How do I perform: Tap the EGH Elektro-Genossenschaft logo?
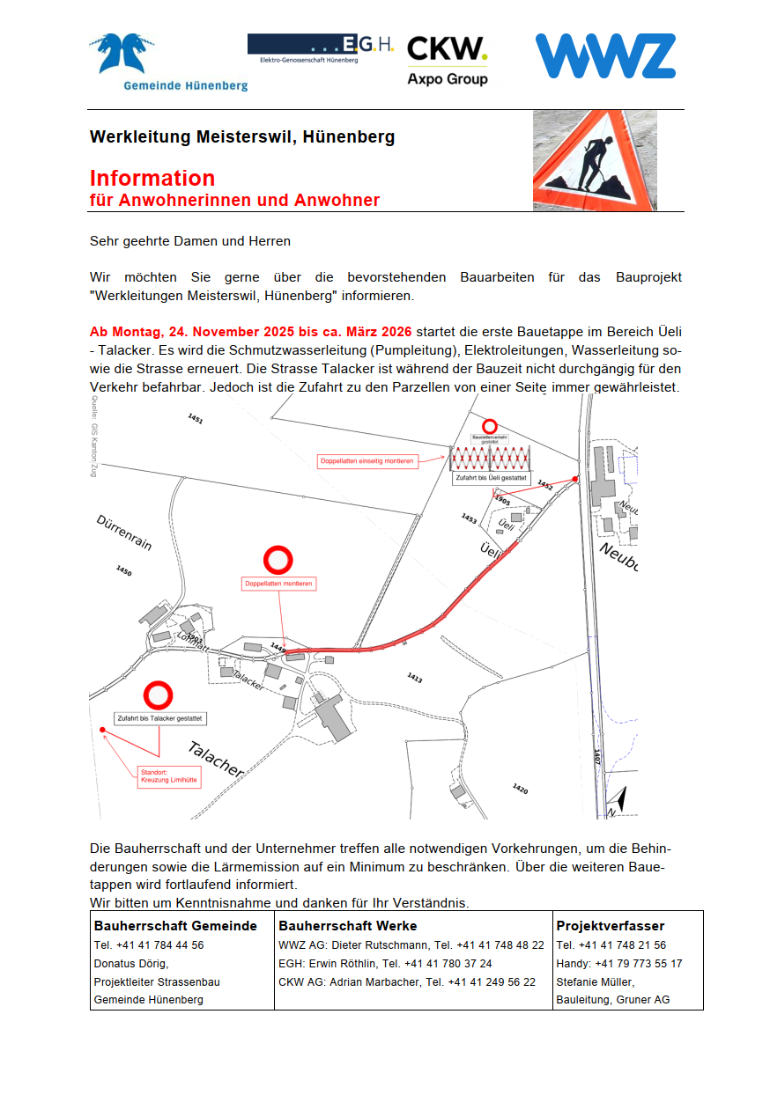click(321, 48)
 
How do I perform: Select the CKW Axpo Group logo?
click(448, 60)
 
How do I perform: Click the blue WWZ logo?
click(605, 56)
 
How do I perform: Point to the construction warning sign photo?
click(595, 160)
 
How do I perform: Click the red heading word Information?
click(152, 179)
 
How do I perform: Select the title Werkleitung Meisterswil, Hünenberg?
click(241, 137)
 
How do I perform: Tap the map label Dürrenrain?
click(124, 533)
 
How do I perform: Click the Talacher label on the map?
click(215, 759)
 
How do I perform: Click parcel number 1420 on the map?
click(520, 789)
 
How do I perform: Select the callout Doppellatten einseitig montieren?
click(366, 460)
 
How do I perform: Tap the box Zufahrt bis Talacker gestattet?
click(160, 718)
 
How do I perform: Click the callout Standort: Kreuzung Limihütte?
click(169, 777)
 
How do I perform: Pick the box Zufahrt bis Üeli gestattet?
click(491, 479)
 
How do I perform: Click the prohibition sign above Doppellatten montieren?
click(278, 560)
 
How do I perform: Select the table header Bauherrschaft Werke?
click(348, 926)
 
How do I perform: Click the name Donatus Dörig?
click(131, 964)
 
